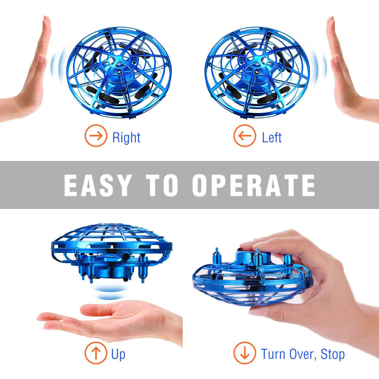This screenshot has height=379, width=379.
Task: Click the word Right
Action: point(126,138)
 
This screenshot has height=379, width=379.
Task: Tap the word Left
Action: point(272,138)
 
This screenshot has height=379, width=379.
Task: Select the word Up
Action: point(118,354)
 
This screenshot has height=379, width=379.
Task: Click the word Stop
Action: point(333,354)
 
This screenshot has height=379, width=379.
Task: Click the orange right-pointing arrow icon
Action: point(96,136)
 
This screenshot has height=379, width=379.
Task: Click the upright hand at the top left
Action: point(33,76)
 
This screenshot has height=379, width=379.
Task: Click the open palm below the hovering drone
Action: point(114,320)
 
